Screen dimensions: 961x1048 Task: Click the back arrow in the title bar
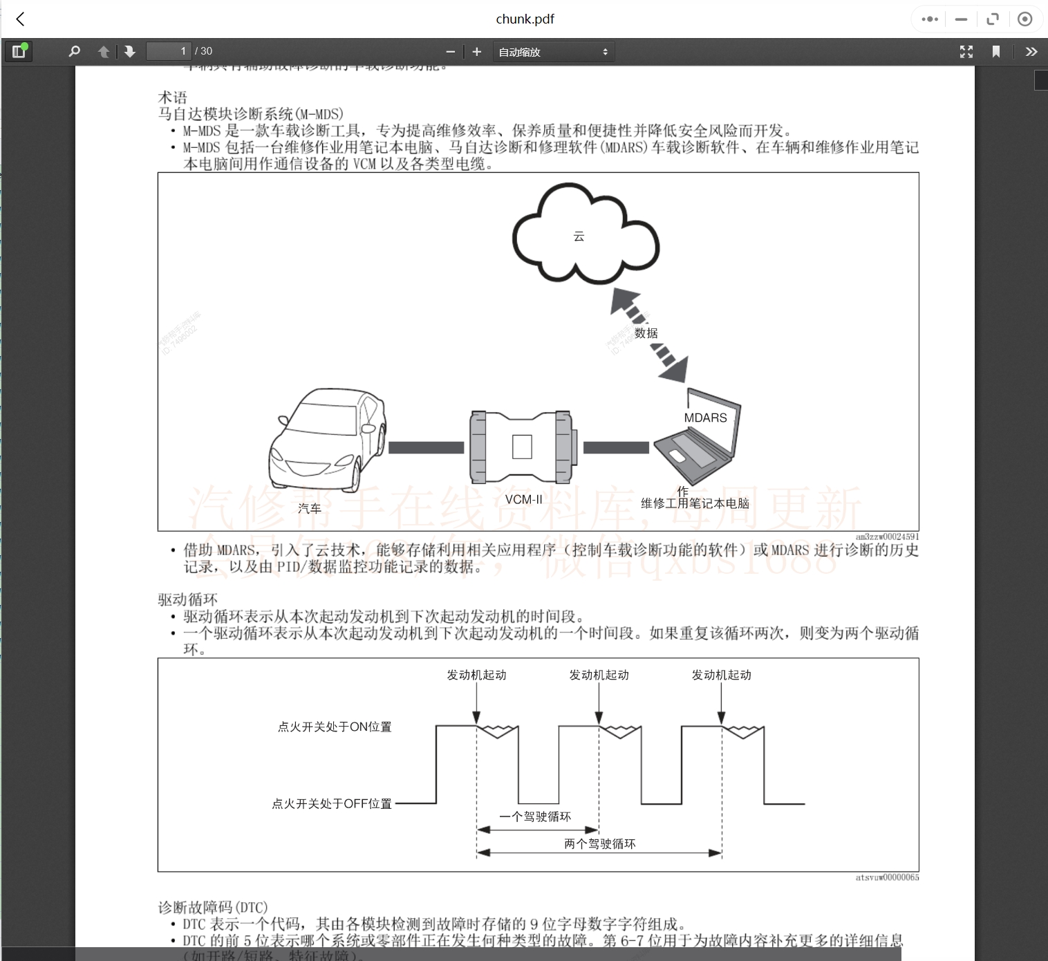[x=21, y=19]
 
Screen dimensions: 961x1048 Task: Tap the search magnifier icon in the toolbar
[x=75, y=51]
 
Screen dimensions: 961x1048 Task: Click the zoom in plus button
[x=476, y=52]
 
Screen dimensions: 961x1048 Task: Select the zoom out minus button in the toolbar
[x=451, y=52]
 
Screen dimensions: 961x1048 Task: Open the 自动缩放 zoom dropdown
[x=553, y=52]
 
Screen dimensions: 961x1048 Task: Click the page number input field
[x=168, y=51]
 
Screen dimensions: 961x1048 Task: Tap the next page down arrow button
[x=129, y=52]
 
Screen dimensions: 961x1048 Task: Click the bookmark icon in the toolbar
[x=996, y=52]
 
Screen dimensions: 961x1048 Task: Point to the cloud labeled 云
[x=585, y=234]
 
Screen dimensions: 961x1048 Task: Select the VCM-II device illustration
[x=522, y=447]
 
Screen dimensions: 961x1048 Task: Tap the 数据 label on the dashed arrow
[x=646, y=333]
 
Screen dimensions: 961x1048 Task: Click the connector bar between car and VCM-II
[x=426, y=448]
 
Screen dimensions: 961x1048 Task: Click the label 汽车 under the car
[x=310, y=509]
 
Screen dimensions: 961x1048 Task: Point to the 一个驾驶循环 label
[x=536, y=817]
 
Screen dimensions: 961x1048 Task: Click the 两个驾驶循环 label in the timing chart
[x=599, y=844]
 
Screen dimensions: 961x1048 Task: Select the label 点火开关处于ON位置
[x=335, y=727]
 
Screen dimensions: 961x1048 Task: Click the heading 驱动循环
[x=187, y=599]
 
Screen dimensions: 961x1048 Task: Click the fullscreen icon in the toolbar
[x=966, y=52]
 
